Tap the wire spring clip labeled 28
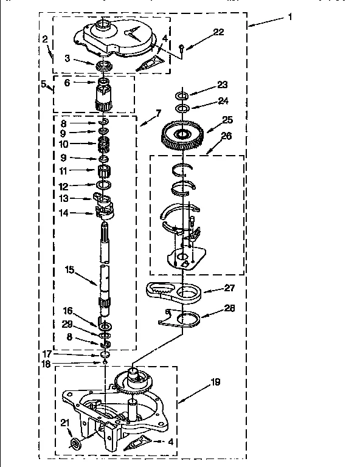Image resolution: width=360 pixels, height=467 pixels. (x=181, y=318)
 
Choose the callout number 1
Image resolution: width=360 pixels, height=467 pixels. (x=290, y=16)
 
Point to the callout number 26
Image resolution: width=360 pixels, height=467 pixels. (x=226, y=136)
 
